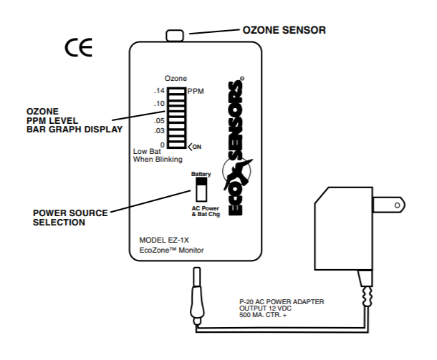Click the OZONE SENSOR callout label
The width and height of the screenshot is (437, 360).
coord(285,29)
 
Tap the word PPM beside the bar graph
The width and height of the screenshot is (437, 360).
coord(196,92)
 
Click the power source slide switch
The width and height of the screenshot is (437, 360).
coord(201,190)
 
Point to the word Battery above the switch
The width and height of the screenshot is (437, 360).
coord(201,174)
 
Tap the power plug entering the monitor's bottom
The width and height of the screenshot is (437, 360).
coord(196,293)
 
